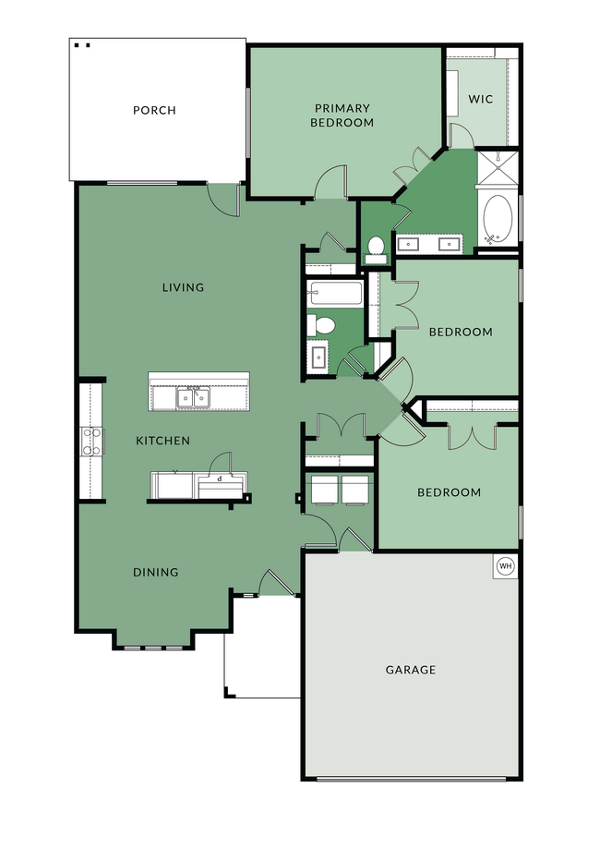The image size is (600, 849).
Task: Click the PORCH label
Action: coord(154,111)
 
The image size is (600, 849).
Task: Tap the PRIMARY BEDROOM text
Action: coord(342,115)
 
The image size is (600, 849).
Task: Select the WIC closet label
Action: coord(481,99)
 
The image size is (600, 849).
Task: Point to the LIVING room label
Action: coord(183,287)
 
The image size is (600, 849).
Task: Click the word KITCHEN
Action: coord(163,441)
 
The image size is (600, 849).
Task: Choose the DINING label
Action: coord(155,572)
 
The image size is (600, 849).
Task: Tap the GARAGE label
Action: coord(411,670)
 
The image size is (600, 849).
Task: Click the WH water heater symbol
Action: coord(505,565)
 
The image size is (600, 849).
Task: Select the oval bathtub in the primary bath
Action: coord(498,218)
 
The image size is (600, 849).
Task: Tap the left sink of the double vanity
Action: coord(410,245)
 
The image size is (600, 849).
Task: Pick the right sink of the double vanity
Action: coord(450,245)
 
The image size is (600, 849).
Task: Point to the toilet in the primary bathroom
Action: coord(376,247)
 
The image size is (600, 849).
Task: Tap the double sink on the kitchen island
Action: coord(194,398)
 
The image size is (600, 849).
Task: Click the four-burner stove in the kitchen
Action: coord(91,441)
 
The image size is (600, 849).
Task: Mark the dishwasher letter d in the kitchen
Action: coord(220,479)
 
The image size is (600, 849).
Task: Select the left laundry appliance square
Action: coord(324,490)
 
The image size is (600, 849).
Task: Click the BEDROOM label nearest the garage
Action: coord(449,492)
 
